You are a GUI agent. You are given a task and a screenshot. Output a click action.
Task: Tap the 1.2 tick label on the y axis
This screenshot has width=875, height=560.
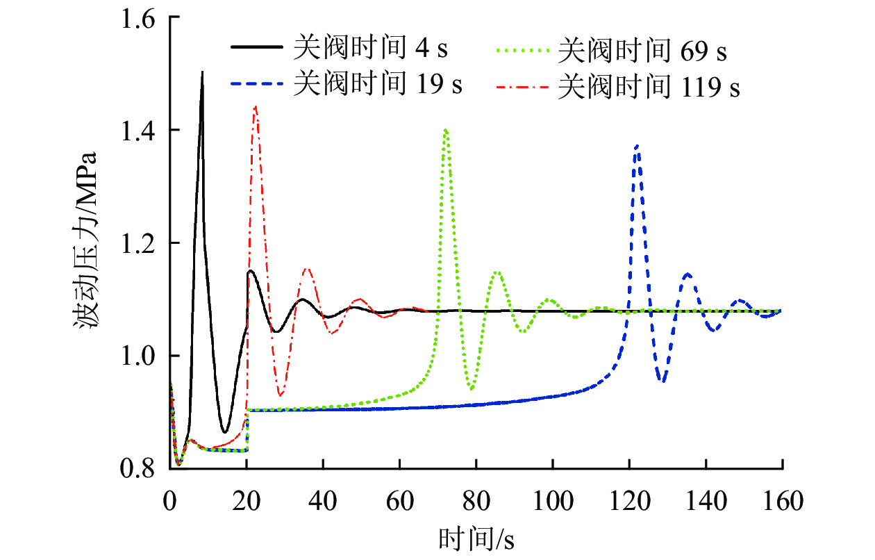139,243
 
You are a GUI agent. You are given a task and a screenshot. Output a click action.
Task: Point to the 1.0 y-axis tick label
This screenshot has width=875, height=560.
139,356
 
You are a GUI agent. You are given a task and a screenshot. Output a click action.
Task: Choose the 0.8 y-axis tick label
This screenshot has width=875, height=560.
139,469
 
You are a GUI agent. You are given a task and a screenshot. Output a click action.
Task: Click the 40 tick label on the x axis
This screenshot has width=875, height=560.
322,500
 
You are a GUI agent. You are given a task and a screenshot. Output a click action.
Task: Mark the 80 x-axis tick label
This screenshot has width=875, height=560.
476,500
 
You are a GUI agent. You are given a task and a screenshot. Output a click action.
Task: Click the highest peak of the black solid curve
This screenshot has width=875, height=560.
202,72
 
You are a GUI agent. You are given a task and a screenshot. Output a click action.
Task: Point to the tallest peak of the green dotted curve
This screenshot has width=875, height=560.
445,130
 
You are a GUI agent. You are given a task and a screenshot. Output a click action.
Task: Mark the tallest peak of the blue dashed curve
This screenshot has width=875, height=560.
637,146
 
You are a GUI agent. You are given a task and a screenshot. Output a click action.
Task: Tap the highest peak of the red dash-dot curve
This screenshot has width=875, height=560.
256,106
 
